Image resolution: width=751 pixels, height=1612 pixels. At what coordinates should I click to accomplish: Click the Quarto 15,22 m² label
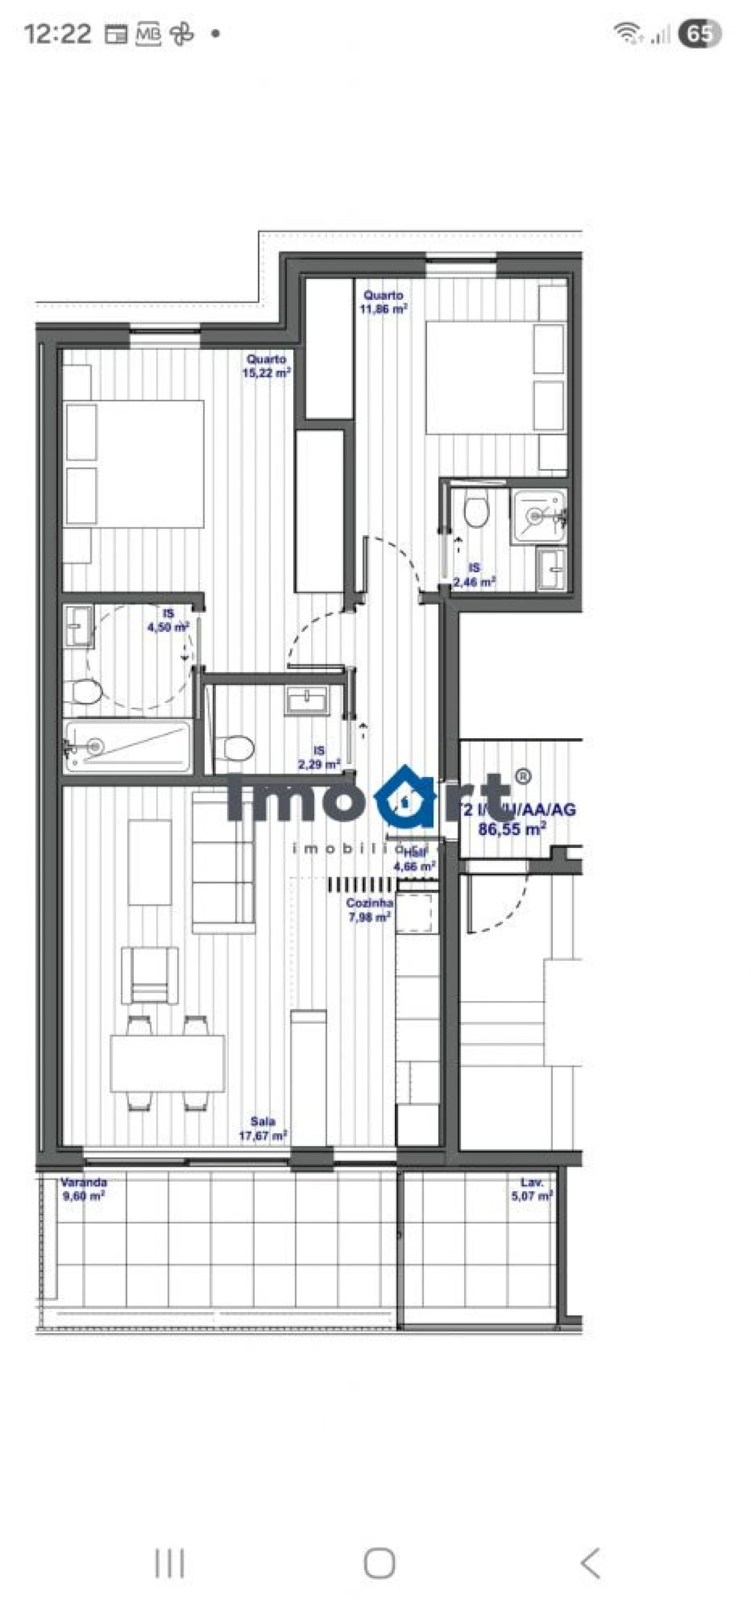pos(266,366)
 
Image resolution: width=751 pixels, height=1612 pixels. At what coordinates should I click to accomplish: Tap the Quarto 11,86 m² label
pos(383,302)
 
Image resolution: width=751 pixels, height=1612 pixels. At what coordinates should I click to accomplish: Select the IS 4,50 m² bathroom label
pos(168,620)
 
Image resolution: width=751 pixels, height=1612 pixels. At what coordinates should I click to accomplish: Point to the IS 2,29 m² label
pos(319,756)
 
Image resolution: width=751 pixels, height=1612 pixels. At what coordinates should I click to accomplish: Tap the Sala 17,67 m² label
pos(263,1128)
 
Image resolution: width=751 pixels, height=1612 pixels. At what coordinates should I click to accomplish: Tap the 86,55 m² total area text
pos(511,830)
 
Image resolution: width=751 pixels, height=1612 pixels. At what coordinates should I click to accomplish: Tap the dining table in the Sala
pos(167,1063)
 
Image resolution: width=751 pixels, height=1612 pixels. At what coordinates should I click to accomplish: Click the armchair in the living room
pos(149,974)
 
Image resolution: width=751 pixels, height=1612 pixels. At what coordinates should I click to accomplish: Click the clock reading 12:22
pos(57,33)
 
